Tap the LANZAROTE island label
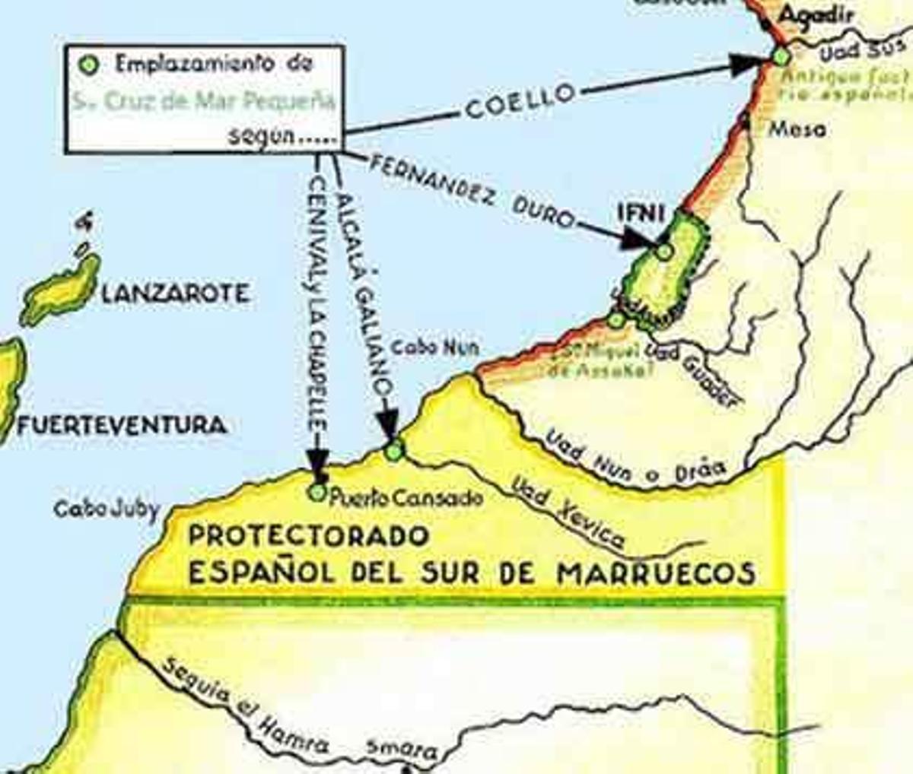click(x=174, y=293)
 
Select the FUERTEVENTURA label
click(x=121, y=424)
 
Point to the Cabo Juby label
click(x=107, y=509)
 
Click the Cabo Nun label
click(x=434, y=347)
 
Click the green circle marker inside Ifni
click(x=664, y=250)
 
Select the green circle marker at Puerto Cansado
click(x=317, y=492)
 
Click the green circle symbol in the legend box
click(x=90, y=65)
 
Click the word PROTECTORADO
click(x=308, y=536)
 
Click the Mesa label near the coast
click(x=797, y=129)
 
